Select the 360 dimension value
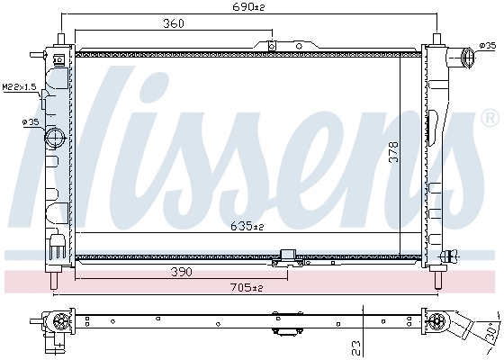pyautogui.click(x=173, y=23)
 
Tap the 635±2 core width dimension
pyautogui.click(x=247, y=226)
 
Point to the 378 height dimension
pyautogui.click(x=394, y=151)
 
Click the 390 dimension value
pyautogui.click(x=181, y=272)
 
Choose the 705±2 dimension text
pyautogui.click(x=247, y=287)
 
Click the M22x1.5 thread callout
pyautogui.click(x=19, y=86)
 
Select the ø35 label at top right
pyautogui.click(x=488, y=46)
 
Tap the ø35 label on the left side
pyautogui.click(x=31, y=121)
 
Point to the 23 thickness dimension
pyautogui.click(x=355, y=347)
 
